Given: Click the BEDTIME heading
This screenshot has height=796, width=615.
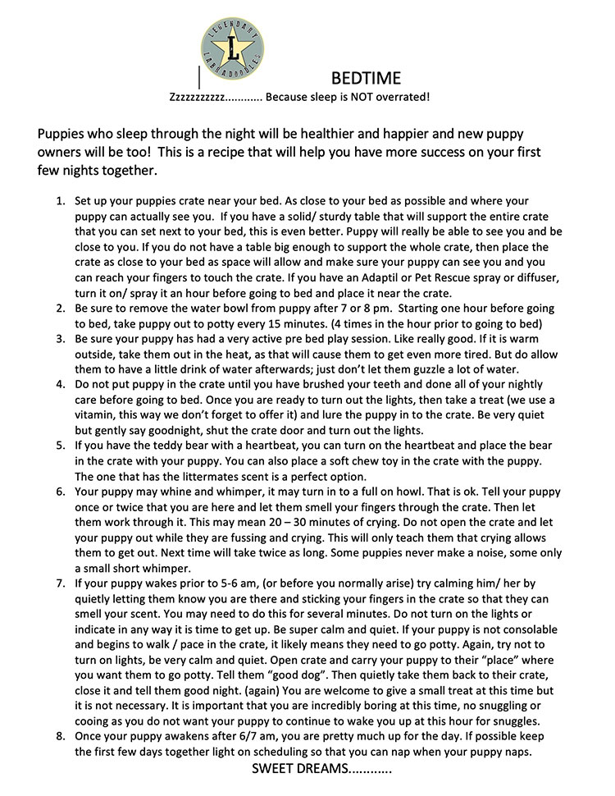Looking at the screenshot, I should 366,79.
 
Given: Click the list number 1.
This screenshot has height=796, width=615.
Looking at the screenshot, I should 60,201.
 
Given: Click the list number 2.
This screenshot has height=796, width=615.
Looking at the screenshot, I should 60,309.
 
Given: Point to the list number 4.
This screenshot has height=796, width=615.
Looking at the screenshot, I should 60,384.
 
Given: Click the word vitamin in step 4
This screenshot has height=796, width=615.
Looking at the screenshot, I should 97,414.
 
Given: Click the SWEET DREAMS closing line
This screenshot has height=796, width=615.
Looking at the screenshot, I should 321,770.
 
